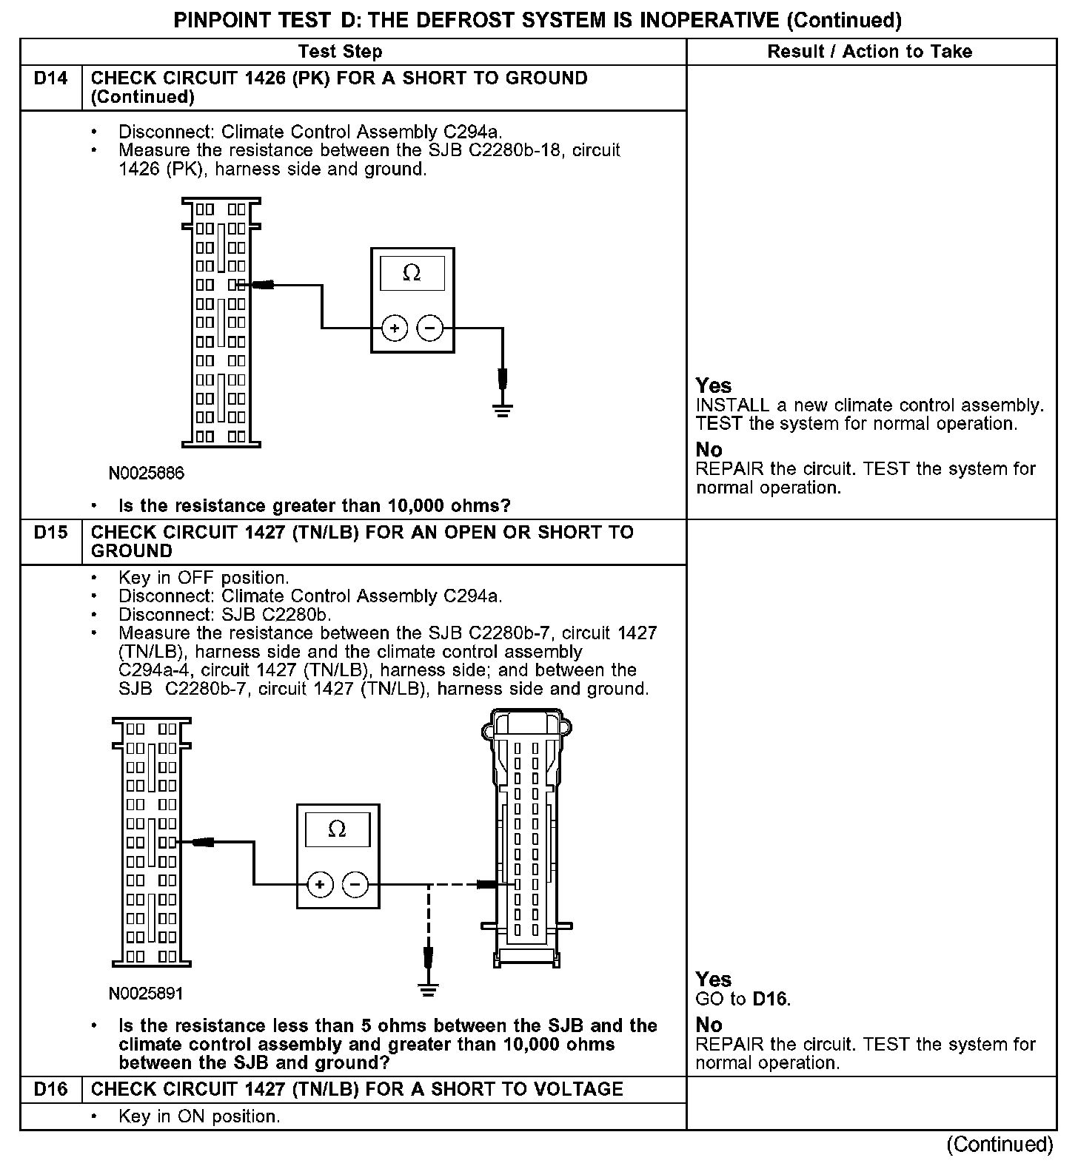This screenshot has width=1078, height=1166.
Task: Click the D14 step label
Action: (50, 78)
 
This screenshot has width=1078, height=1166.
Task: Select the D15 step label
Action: (50, 533)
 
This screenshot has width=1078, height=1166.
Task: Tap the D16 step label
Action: (50, 1089)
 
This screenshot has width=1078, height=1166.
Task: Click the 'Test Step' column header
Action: (340, 52)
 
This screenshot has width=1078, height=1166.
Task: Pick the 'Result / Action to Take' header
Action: (869, 52)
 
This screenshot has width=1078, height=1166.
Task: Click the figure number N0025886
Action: (147, 473)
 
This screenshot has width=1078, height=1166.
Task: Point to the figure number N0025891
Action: (146, 994)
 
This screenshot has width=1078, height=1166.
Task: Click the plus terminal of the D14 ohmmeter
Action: (395, 328)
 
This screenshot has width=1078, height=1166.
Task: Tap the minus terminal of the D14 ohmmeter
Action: (430, 328)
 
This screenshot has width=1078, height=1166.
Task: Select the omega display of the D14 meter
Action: (412, 274)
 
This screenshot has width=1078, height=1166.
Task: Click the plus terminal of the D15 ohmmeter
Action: (320, 884)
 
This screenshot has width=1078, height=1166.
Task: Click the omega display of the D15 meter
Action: (337, 829)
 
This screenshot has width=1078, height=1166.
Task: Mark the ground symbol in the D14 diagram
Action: (503, 410)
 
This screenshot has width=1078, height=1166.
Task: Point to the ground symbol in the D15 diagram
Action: (428, 989)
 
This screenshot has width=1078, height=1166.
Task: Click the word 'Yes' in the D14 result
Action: (713, 385)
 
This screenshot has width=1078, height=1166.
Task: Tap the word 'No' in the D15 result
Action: (709, 1025)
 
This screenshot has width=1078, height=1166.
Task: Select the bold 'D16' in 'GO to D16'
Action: (771, 999)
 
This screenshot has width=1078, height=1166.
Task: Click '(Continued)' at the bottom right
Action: (1000, 1144)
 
